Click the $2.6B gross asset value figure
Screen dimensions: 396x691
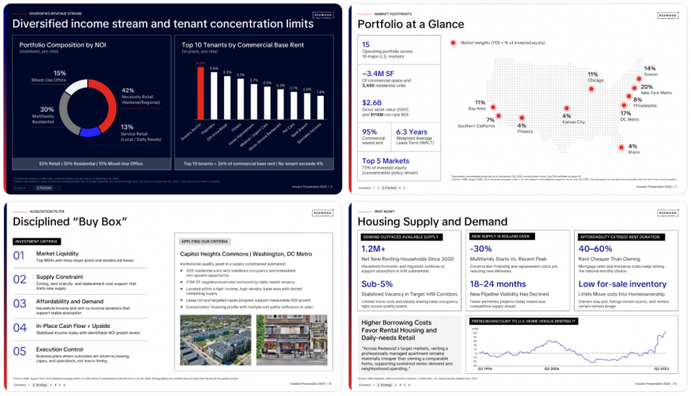pyautogui.click(x=373, y=102)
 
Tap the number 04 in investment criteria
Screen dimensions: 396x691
pyautogui.click(x=21, y=326)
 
